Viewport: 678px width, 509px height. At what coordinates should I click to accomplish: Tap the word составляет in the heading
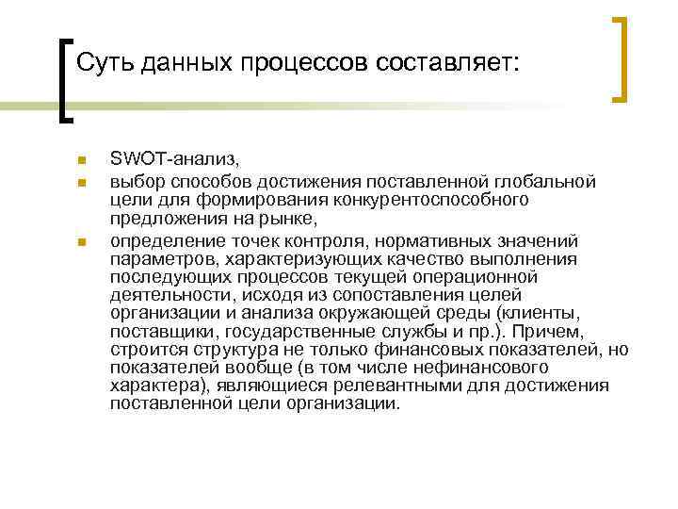pos(447,64)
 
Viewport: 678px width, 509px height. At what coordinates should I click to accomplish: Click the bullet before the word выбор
pos(83,180)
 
